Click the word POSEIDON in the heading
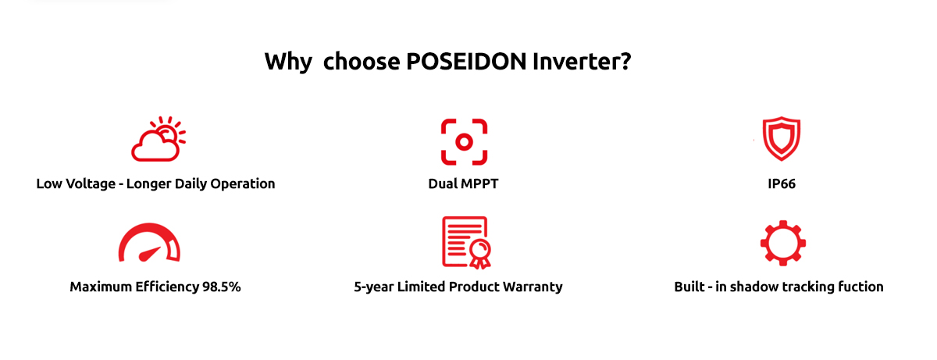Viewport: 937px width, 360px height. click(x=466, y=62)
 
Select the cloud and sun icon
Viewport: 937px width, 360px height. click(x=158, y=139)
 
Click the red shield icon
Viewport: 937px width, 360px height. click(x=782, y=138)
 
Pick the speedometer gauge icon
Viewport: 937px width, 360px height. click(x=149, y=243)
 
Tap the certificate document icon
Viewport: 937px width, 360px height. click(x=466, y=243)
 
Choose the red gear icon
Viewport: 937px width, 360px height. click(x=782, y=243)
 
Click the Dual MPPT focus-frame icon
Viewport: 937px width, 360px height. click(x=464, y=142)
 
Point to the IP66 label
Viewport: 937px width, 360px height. click(x=782, y=184)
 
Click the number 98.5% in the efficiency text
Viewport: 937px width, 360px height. click(x=221, y=287)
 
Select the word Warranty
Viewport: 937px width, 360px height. click(x=533, y=287)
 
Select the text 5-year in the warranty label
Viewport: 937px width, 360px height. click(x=373, y=287)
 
